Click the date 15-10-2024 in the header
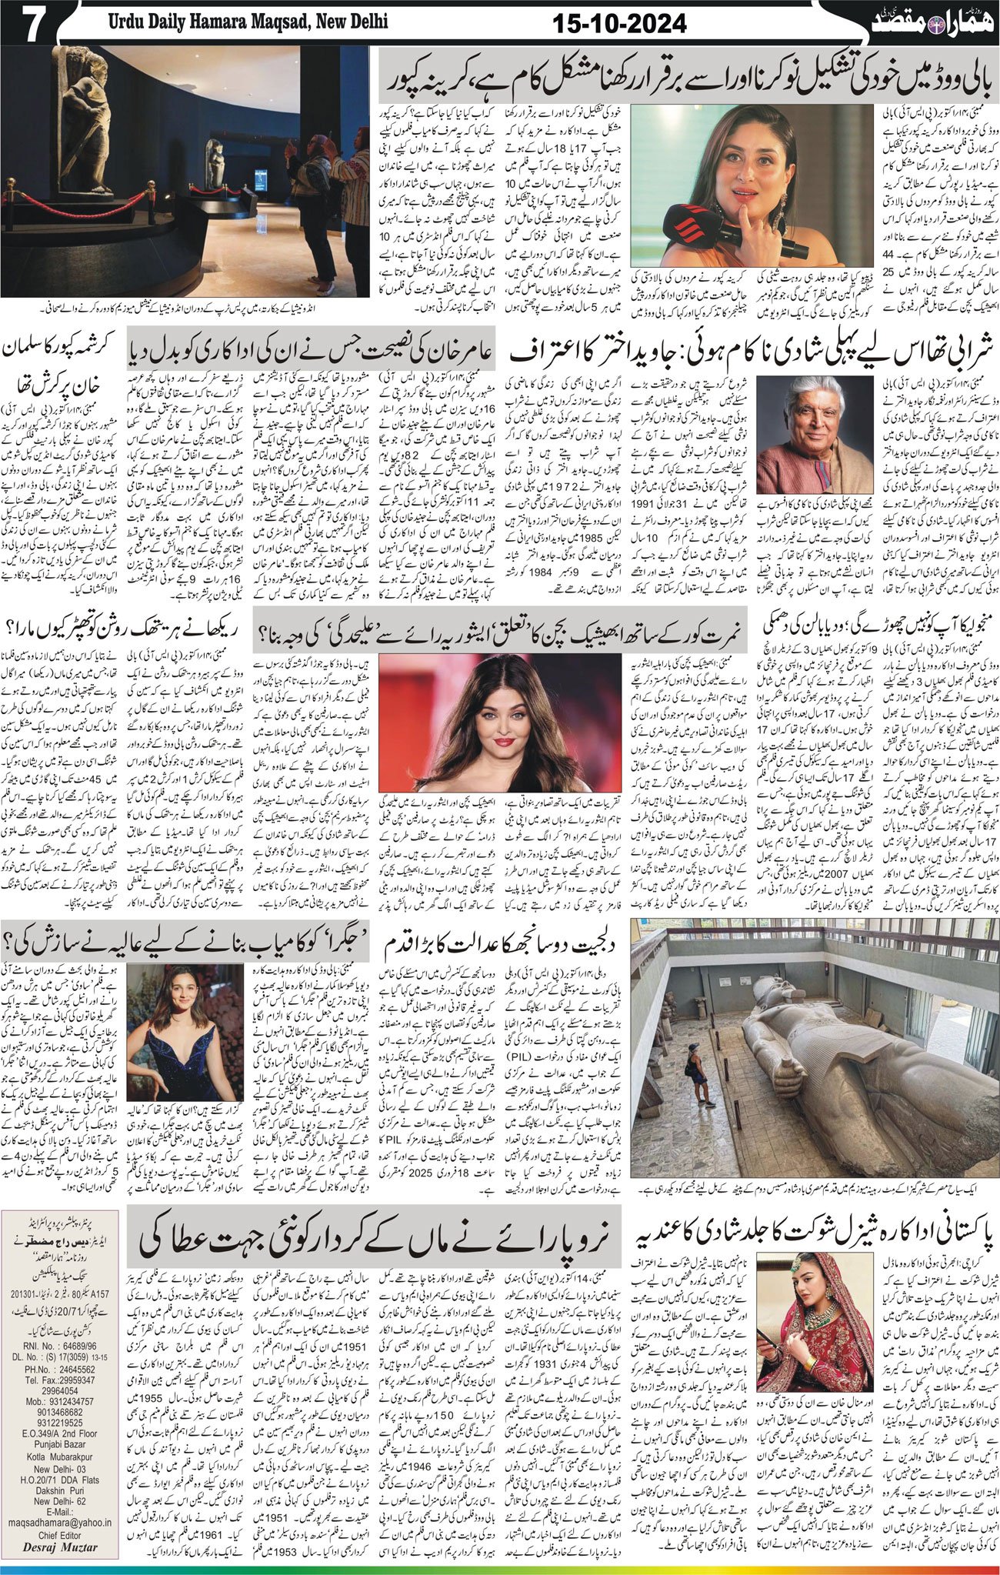coord(619,25)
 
